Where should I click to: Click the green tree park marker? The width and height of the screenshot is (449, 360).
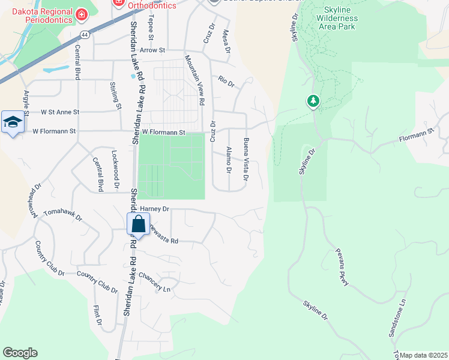(x=313, y=101)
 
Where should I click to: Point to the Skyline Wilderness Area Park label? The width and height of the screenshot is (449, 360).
(x=340, y=18)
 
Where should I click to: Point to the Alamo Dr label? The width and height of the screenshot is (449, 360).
(x=228, y=160)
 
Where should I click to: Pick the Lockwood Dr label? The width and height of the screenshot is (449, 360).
(x=115, y=170)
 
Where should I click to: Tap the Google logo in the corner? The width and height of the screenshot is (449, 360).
(x=20, y=353)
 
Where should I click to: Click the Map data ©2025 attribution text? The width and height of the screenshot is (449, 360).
(x=423, y=355)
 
